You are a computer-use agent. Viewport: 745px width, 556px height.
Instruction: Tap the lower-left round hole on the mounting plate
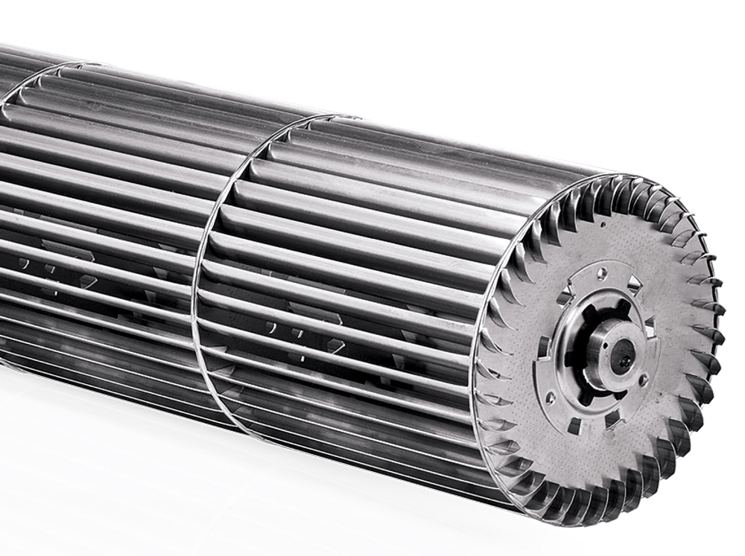point(550,398)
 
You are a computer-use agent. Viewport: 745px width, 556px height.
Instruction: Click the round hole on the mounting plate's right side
point(643,379)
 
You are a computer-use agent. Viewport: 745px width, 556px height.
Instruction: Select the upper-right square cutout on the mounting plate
point(634,284)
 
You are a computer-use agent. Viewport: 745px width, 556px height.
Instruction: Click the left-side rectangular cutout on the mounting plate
point(543,347)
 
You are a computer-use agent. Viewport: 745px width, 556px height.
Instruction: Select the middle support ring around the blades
point(216,246)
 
